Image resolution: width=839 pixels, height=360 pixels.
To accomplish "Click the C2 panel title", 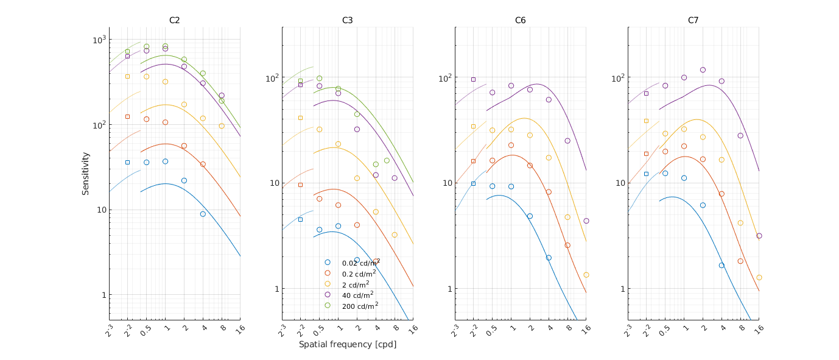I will pos(174,20).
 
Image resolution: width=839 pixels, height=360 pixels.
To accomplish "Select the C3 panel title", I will pos(347,20).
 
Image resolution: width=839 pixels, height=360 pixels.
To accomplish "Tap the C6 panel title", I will pos(520,20).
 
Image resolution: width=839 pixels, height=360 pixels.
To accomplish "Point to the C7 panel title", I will pos(693,20).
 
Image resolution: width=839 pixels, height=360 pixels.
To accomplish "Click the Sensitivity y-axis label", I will pos(86,174).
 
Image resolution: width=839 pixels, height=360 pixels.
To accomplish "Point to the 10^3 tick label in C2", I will pos(98,40).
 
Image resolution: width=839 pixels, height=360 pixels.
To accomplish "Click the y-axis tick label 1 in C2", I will pos(103,295).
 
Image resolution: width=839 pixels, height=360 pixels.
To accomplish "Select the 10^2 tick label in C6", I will pos(446,78).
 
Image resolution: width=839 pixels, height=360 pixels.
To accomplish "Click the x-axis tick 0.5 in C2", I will pos(145,329).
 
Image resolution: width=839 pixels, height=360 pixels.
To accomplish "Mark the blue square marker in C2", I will pos(127,162).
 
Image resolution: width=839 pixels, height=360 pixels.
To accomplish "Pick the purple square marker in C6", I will pos(473,79).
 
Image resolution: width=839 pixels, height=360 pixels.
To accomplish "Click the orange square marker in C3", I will pos(300,185).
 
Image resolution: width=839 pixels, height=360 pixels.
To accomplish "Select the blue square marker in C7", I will pos(646,174).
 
